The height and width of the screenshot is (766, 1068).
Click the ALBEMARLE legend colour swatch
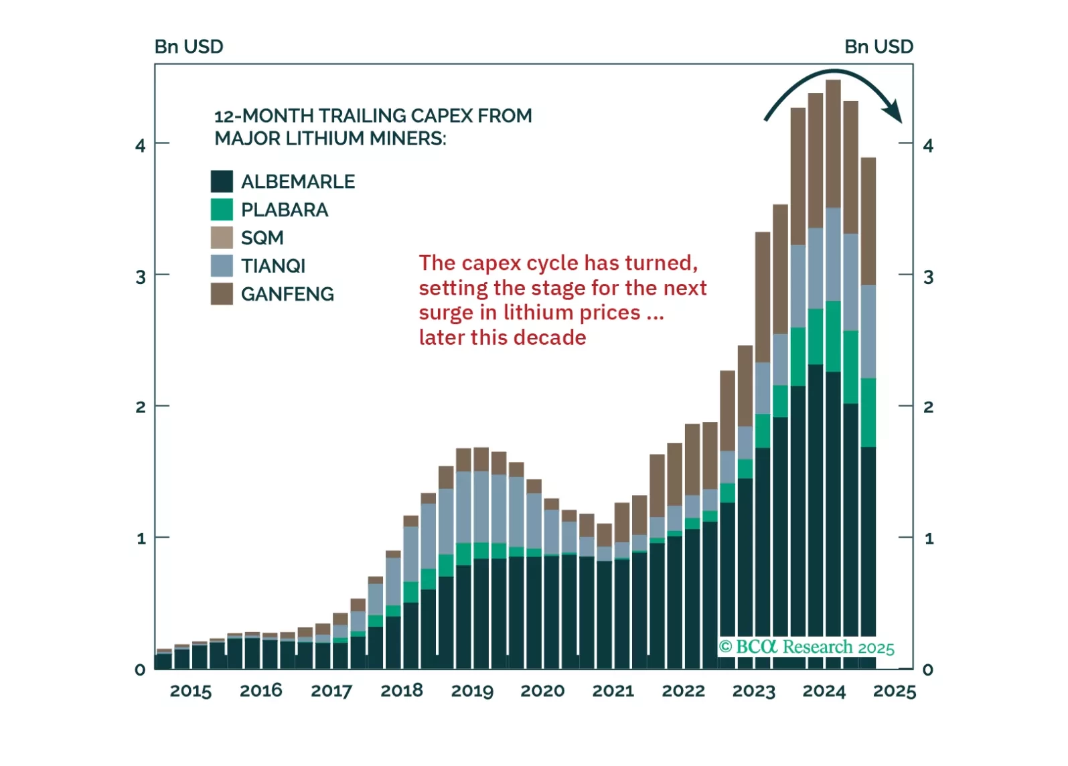[x=222, y=181]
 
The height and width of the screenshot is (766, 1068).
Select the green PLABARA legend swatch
[x=222, y=210]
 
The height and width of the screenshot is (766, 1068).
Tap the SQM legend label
[x=262, y=238]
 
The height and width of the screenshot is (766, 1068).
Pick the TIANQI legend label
[x=273, y=266]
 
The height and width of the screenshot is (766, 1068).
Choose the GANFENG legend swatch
[x=222, y=294]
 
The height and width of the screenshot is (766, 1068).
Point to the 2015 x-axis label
[x=190, y=691]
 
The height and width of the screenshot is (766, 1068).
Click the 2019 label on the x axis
[x=472, y=691]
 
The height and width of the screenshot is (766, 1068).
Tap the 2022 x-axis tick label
[x=683, y=691]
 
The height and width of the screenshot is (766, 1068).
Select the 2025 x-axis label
[x=894, y=691]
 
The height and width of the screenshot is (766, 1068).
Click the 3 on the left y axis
[x=141, y=277]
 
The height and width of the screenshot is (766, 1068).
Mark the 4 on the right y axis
[x=928, y=145]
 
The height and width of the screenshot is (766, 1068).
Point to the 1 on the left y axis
[x=141, y=538]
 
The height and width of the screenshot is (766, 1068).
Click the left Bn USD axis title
[x=189, y=46]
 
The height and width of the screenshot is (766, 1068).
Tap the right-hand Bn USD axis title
[x=879, y=46]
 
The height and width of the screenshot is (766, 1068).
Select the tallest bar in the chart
[x=833, y=375]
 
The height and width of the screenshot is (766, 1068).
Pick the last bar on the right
[x=868, y=402]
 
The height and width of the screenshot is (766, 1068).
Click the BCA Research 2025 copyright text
[x=806, y=647]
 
